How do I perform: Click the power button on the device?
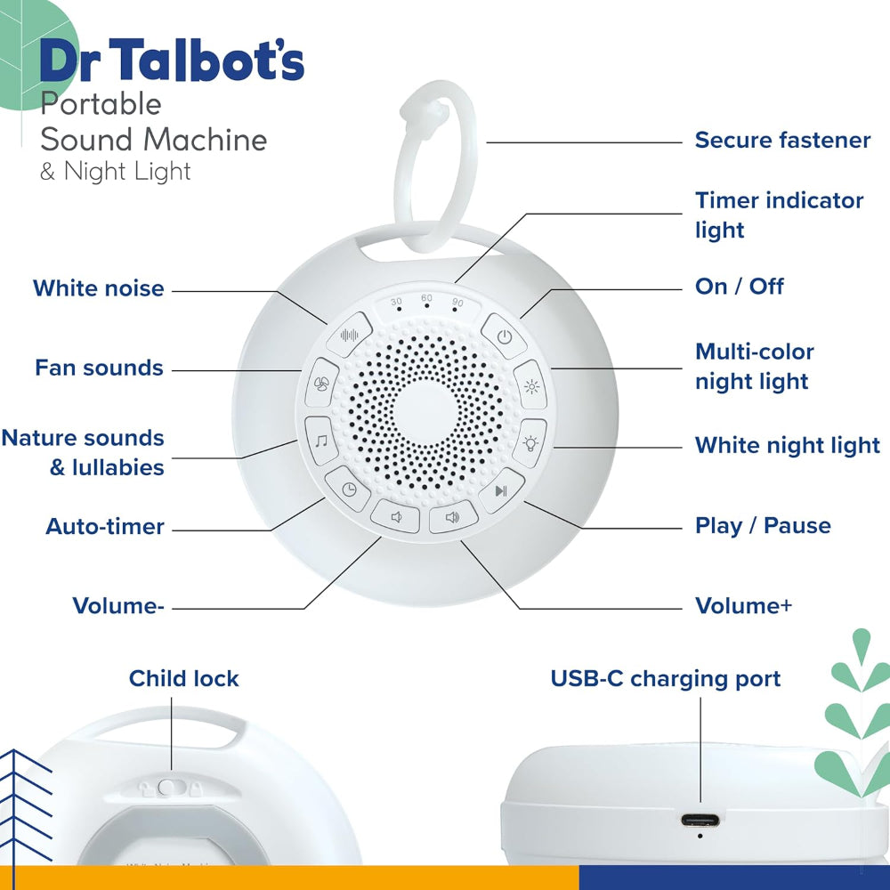(x=505, y=337)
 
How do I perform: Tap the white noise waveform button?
(x=352, y=336)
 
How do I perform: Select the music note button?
(x=320, y=438)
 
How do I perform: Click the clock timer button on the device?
(x=348, y=488)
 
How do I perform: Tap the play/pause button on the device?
(x=501, y=489)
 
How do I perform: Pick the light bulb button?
(x=531, y=441)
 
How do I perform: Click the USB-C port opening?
(x=700, y=821)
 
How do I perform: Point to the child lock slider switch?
(x=166, y=788)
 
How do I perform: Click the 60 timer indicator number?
(x=426, y=299)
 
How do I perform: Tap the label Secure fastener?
(x=782, y=141)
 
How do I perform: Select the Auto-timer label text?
(x=105, y=527)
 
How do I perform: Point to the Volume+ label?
(x=743, y=606)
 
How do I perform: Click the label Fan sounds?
(x=99, y=368)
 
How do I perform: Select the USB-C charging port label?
(x=665, y=679)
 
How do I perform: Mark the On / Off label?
(x=739, y=287)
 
